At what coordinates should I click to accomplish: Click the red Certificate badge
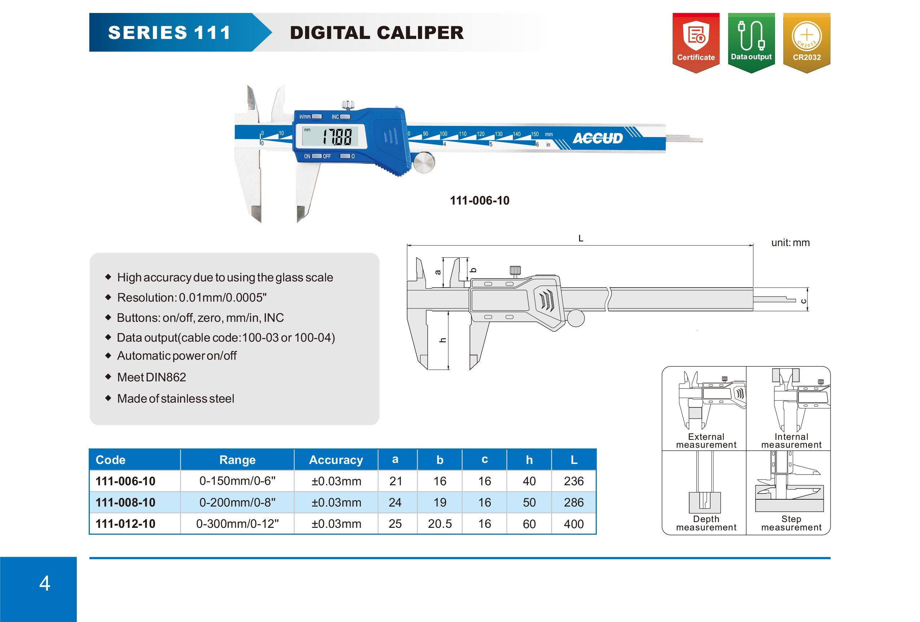coord(696,41)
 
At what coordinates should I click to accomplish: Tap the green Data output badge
coord(751,41)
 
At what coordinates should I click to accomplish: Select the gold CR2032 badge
coord(806,41)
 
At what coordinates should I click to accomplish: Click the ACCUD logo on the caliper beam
coord(597,138)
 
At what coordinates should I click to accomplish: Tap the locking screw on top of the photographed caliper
coord(348,105)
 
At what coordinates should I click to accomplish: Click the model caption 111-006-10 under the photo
coord(479,201)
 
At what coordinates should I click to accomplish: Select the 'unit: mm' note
coord(790,243)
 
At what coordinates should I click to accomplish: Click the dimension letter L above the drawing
coord(580,238)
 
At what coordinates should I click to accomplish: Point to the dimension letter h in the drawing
coord(443,340)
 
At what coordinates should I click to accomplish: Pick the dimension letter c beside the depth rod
coord(803,301)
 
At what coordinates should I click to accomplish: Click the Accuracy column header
coord(336,460)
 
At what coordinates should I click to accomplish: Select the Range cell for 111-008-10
coord(237,503)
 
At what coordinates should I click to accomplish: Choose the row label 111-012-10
coord(126,524)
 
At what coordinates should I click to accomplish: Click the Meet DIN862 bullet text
coord(151,377)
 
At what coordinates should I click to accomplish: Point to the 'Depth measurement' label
coord(706,523)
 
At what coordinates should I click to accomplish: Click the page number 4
coord(45,583)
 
